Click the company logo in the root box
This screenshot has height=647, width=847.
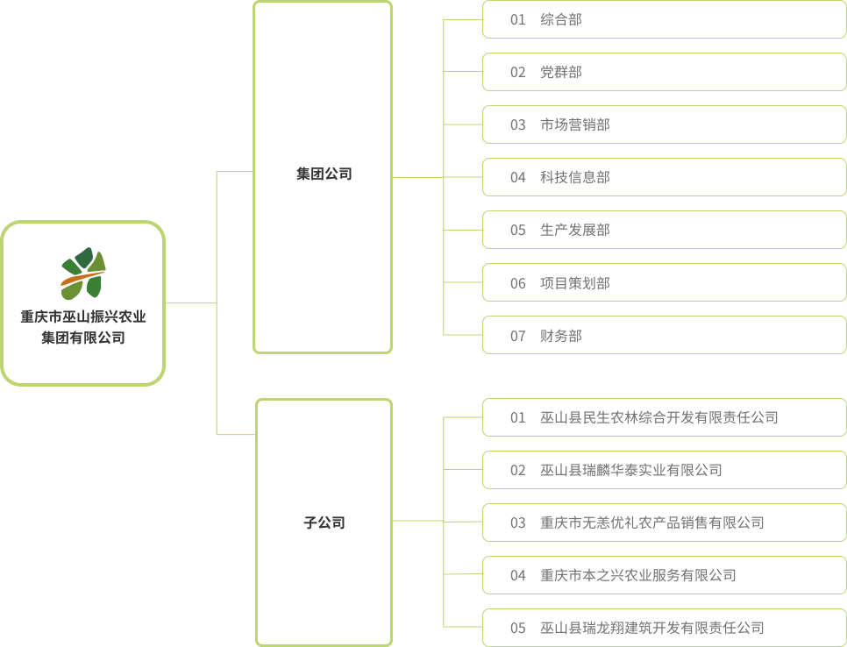[x=83, y=273]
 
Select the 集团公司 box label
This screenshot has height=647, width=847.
[x=324, y=174]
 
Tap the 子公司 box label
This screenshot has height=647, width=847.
[x=324, y=523]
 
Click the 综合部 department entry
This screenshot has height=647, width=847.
[x=561, y=19]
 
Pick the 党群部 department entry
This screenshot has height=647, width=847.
[x=561, y=72]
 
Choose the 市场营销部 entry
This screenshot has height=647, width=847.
[x=575, y=124]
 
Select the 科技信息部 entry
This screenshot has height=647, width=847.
[x=575, y=177]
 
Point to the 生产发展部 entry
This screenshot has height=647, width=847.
[x=575, y=230]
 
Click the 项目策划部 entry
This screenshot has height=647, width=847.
[x=575, y=283]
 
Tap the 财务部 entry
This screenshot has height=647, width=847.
[x=561, y=336]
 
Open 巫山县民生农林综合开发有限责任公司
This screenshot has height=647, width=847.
[x=659, y=417]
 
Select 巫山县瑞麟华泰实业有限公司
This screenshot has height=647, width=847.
[x=631, y=470]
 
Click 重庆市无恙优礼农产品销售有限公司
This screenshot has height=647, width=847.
[x=652, y=523]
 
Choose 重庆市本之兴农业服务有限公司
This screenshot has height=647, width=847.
[x=638, y=575]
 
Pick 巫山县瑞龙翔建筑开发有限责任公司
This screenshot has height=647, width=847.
[x=652, y=628]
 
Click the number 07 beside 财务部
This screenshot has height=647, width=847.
[x=518, y=336]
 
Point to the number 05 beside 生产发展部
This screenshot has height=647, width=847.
[x=518, y=230]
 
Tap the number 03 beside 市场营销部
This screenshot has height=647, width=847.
[x=518, y=124]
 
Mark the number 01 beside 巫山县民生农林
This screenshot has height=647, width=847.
[x=518, y=417]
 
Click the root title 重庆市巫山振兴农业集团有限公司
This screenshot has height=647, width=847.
[x=83, y=326]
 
